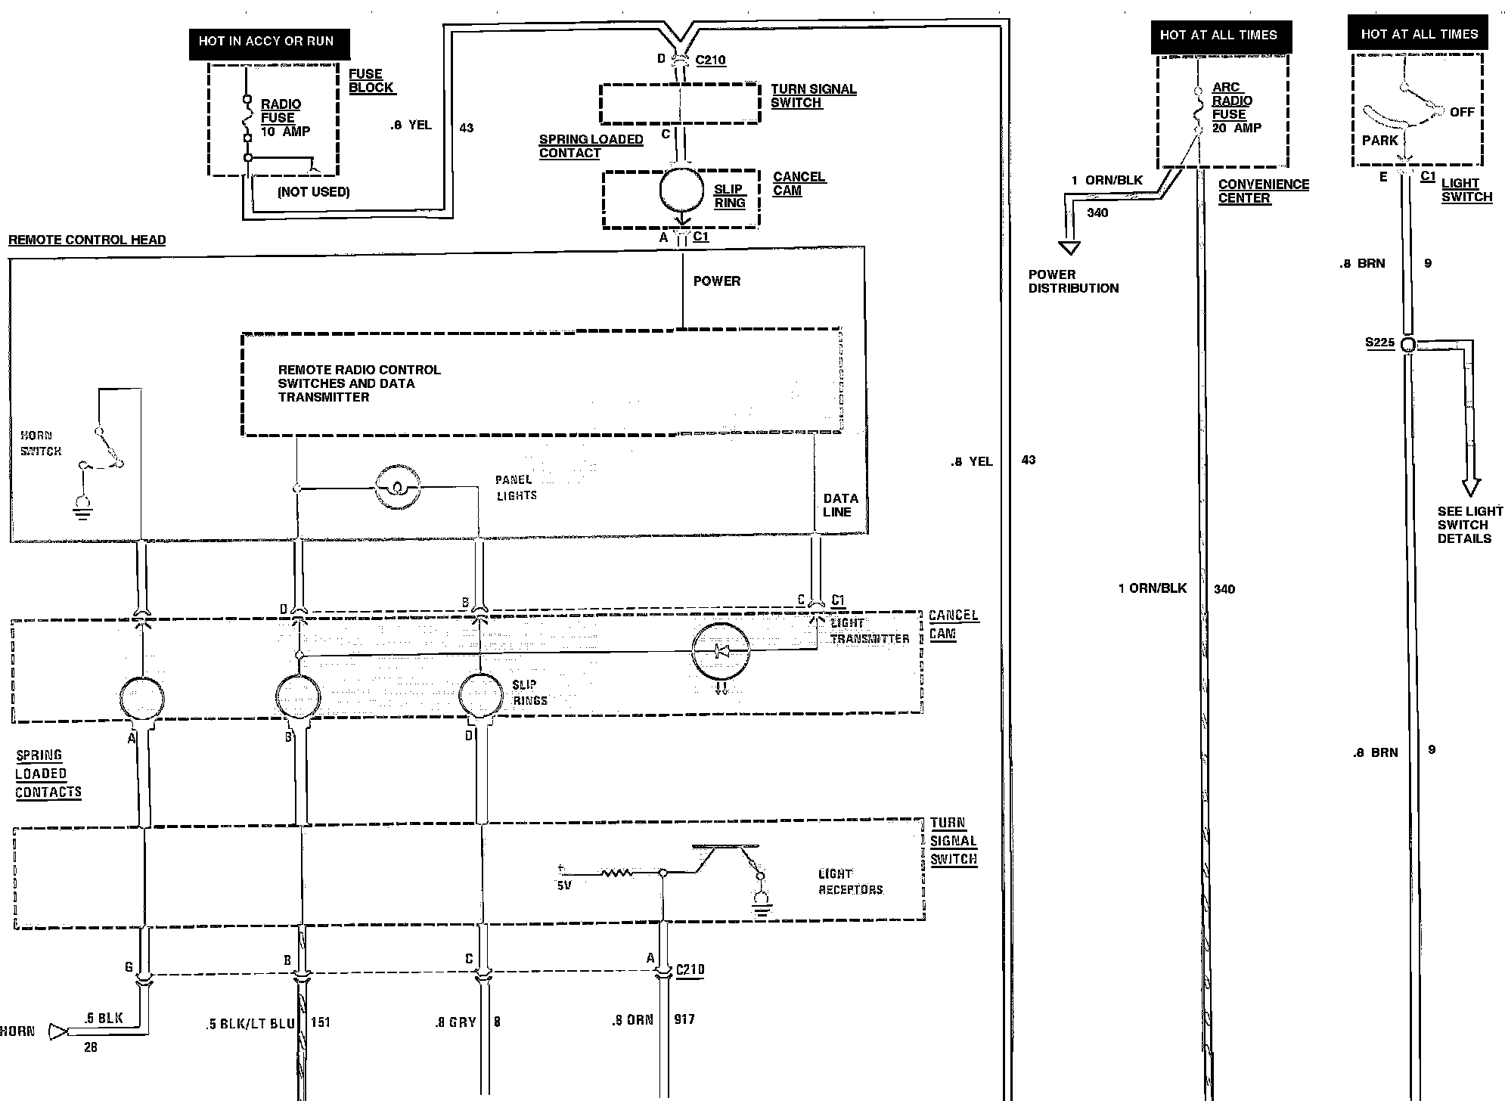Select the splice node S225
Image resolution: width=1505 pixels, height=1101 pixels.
click(1407, 345)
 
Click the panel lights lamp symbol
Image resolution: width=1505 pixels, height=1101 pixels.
click(397, 488)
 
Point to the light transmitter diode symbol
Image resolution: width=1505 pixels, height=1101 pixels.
click(721, 650)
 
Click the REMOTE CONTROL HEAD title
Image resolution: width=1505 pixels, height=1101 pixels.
click(87, 240)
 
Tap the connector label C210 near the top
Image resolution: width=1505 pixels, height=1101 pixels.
click(710, 60)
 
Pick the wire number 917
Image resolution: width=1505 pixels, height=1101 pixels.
click(684, 1019)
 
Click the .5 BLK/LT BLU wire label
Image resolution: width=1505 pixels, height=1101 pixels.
click(250, 1024)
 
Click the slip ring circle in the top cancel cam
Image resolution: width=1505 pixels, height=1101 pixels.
click(681, 191)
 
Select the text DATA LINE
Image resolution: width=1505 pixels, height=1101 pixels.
click(840, 505)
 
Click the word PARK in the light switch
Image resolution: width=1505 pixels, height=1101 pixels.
click(1379, 140)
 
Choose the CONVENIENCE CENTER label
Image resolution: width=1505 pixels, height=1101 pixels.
click(1263, 191)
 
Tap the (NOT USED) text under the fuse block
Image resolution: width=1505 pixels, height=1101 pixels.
click(313, 192)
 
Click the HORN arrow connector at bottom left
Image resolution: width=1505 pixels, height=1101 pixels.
click(57, 1031)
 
